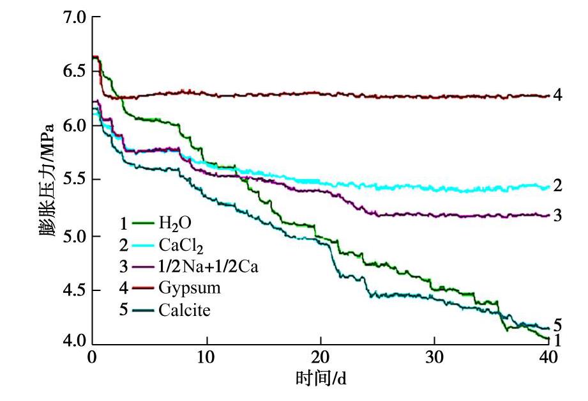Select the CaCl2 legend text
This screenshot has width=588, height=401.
pos(176,246)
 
